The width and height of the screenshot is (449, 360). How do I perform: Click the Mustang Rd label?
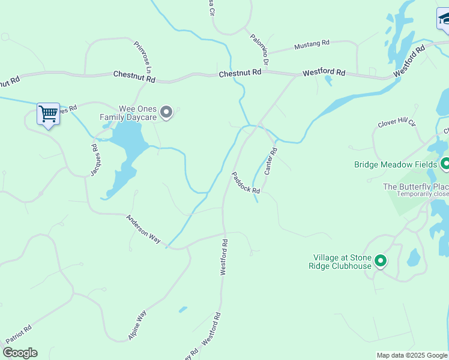tap(312, 44)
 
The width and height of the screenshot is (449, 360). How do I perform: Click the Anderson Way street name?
tap(143, 229)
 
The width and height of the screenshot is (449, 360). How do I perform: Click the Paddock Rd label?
tap(246, 182)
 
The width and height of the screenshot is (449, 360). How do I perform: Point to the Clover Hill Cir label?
tap(397, 123)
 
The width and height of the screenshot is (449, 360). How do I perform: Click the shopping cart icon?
tap(48, 113)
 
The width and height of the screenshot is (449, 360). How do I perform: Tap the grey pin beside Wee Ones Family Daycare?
tap(167, 112)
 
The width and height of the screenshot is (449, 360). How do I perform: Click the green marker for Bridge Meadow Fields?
tap(445, 164)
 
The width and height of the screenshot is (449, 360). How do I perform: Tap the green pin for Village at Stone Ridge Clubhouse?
tap(381, 261)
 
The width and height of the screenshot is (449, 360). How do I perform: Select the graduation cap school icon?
tap(444, 19)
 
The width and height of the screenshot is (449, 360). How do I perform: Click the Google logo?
tap(20, 353)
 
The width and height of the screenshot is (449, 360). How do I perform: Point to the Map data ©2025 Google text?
tap(412, 355)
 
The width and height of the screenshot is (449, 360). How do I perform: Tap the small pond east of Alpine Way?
tap(182, 310)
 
